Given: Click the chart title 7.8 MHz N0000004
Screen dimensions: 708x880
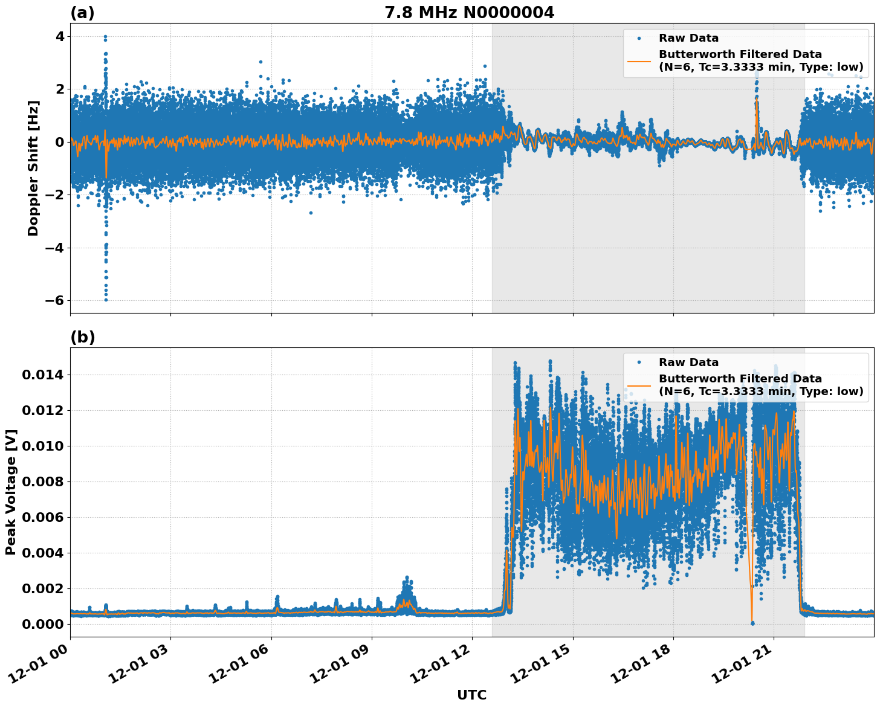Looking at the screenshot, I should (x=469, y=13).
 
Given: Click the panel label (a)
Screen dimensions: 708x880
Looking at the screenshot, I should (x=82, y=13).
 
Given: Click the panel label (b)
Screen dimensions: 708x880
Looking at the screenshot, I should (x=82, y=337).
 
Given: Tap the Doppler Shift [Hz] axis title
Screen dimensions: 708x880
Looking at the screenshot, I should (x=33, y=168).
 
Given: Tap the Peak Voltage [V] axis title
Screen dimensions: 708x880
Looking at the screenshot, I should (x=11, y=492).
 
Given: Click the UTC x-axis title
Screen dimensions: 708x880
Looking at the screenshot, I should (x=471, y=695).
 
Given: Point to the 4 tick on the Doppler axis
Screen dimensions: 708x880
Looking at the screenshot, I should (x=60, y=37).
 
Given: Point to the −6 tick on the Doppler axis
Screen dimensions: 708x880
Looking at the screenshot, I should (x=56, y=300).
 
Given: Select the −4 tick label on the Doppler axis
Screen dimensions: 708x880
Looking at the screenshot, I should (x=56, y=248).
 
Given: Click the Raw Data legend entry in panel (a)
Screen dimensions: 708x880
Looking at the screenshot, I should (x=688, y=38).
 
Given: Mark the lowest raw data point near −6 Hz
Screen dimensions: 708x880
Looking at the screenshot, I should (x=106, y=300).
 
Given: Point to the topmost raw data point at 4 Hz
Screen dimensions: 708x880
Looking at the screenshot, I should (x=105, y=37).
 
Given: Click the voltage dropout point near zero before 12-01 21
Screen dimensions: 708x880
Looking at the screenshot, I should (x=752, y=623).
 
